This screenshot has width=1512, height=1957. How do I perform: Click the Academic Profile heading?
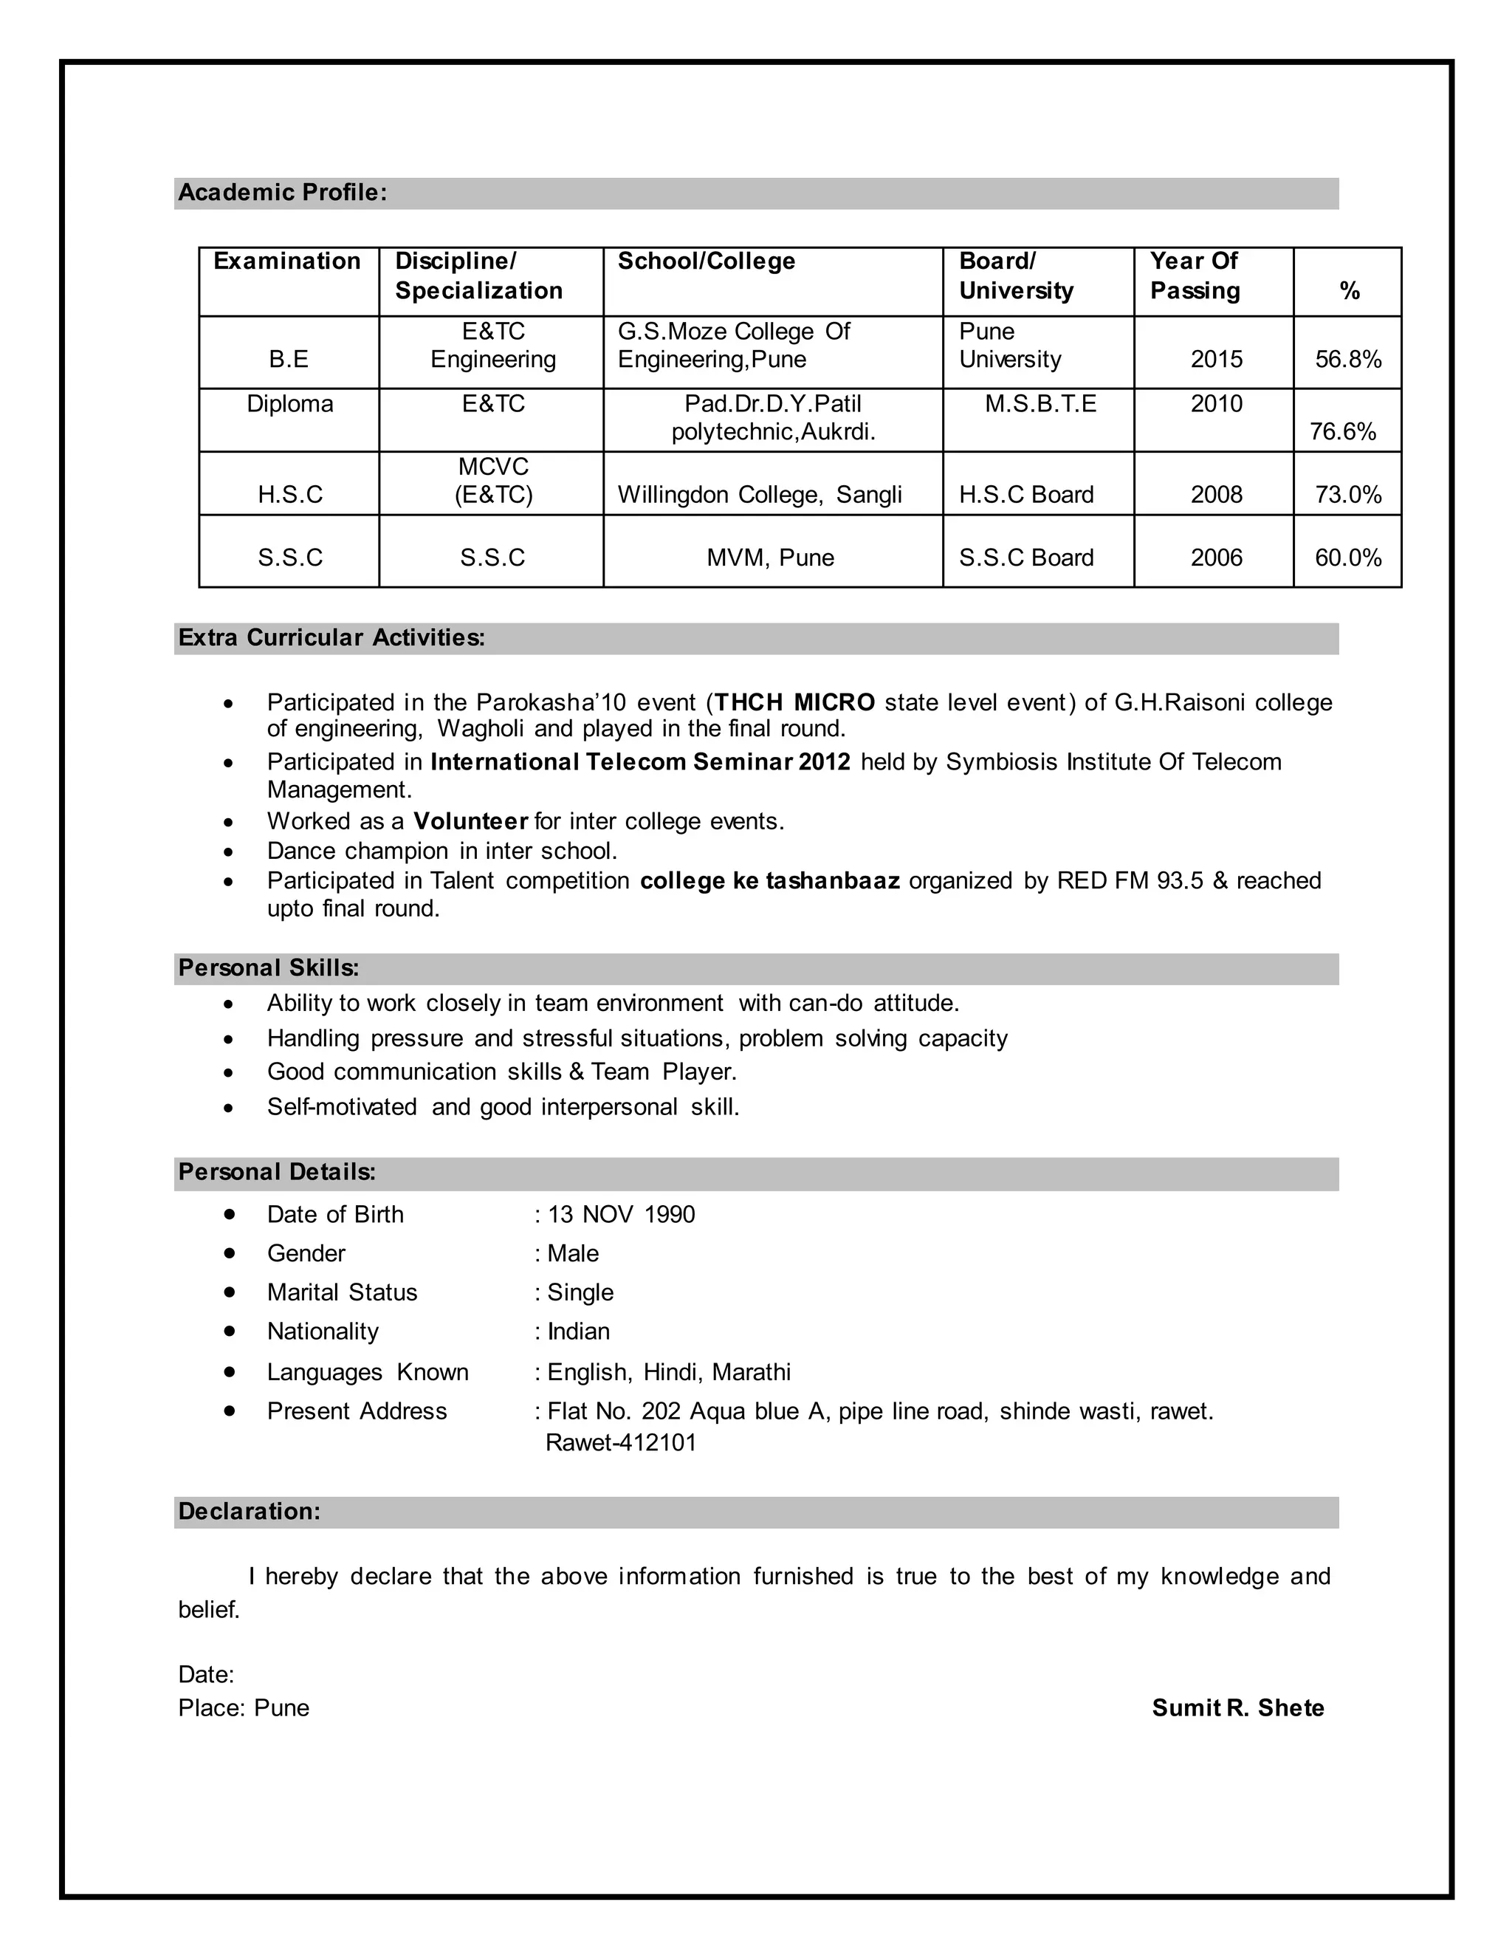(x=282, y=193)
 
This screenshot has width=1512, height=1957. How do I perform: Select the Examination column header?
(x=286, y=261)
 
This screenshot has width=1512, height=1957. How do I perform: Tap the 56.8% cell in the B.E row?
(x=1347, y=360)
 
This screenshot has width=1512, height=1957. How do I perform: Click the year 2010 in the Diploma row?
(x=1215, y=404)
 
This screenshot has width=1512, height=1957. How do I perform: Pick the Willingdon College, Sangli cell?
(x=760, y=495)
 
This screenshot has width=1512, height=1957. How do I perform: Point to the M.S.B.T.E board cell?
(x=1040, y=404)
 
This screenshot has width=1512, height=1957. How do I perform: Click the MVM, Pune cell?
(x=770, y=558)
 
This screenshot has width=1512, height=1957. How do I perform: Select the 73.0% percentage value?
(x=1347, y=495)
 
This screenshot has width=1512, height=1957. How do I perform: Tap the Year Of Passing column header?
(x=1195, y=276)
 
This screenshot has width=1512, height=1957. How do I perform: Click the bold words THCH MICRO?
(x=794, y=702)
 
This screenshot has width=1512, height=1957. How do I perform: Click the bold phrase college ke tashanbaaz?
(x=769, y=881)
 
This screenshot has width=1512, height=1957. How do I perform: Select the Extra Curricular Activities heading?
(x=331, y=638)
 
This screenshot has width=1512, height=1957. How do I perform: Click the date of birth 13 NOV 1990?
(x=621, y=1214)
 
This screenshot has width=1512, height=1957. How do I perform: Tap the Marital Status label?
(x=342, y=1292)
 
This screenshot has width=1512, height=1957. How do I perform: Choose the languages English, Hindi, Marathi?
(x=668, y=1372)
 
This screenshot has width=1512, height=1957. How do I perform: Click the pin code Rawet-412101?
(x=621, y=1443)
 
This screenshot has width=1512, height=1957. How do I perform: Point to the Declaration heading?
(x=249, y=1512)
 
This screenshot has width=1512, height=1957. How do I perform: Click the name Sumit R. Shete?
(x=1237, y=1708)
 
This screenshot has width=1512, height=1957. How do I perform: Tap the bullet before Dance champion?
(x=230, y=851)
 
